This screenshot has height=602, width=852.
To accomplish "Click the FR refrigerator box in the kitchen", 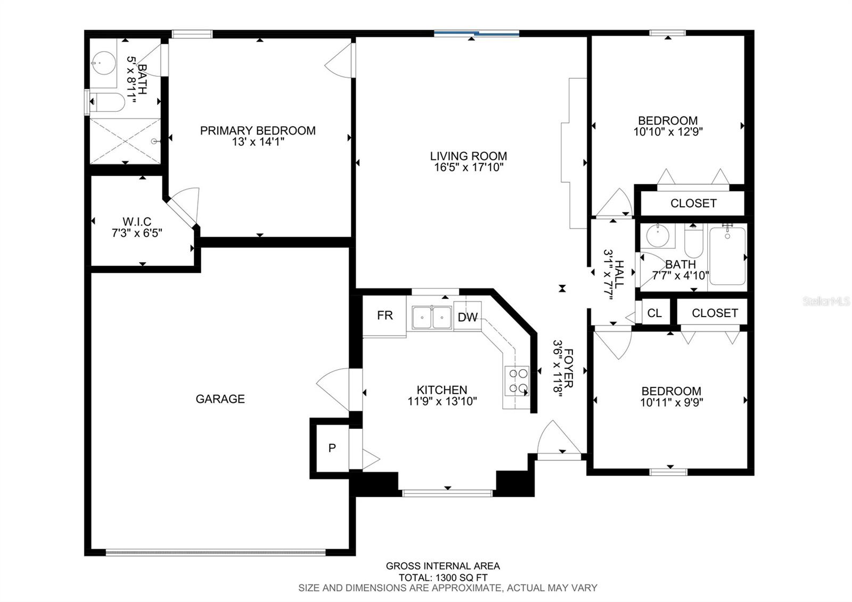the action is click(384, 316).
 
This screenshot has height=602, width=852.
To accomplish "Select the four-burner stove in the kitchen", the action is click(517, 381).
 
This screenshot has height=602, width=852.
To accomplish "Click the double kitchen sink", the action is click(432, 318).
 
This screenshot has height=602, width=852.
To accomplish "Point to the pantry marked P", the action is click(332, 448).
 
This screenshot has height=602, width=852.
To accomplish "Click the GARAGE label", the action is click(220, 399).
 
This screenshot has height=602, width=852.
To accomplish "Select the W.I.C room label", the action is click(137, 222).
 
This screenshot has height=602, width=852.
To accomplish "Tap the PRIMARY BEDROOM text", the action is click(258, 131).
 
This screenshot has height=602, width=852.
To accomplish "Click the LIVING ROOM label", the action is click(469, 156).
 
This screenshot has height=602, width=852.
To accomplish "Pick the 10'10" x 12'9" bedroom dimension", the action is click(668, 132).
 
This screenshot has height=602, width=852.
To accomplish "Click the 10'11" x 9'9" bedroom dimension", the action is click(671, 402).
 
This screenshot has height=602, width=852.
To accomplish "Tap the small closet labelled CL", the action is click(654, 313).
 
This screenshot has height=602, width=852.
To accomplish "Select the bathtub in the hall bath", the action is click(727, 256).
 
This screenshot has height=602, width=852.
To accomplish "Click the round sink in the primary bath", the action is click(103, 63).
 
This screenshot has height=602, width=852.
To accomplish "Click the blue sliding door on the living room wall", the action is click(477, 34).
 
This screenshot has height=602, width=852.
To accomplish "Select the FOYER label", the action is click(569, 368).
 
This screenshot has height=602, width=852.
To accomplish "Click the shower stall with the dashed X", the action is click(125, 141).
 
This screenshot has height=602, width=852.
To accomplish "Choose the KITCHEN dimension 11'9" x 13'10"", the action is click(443, 401).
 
